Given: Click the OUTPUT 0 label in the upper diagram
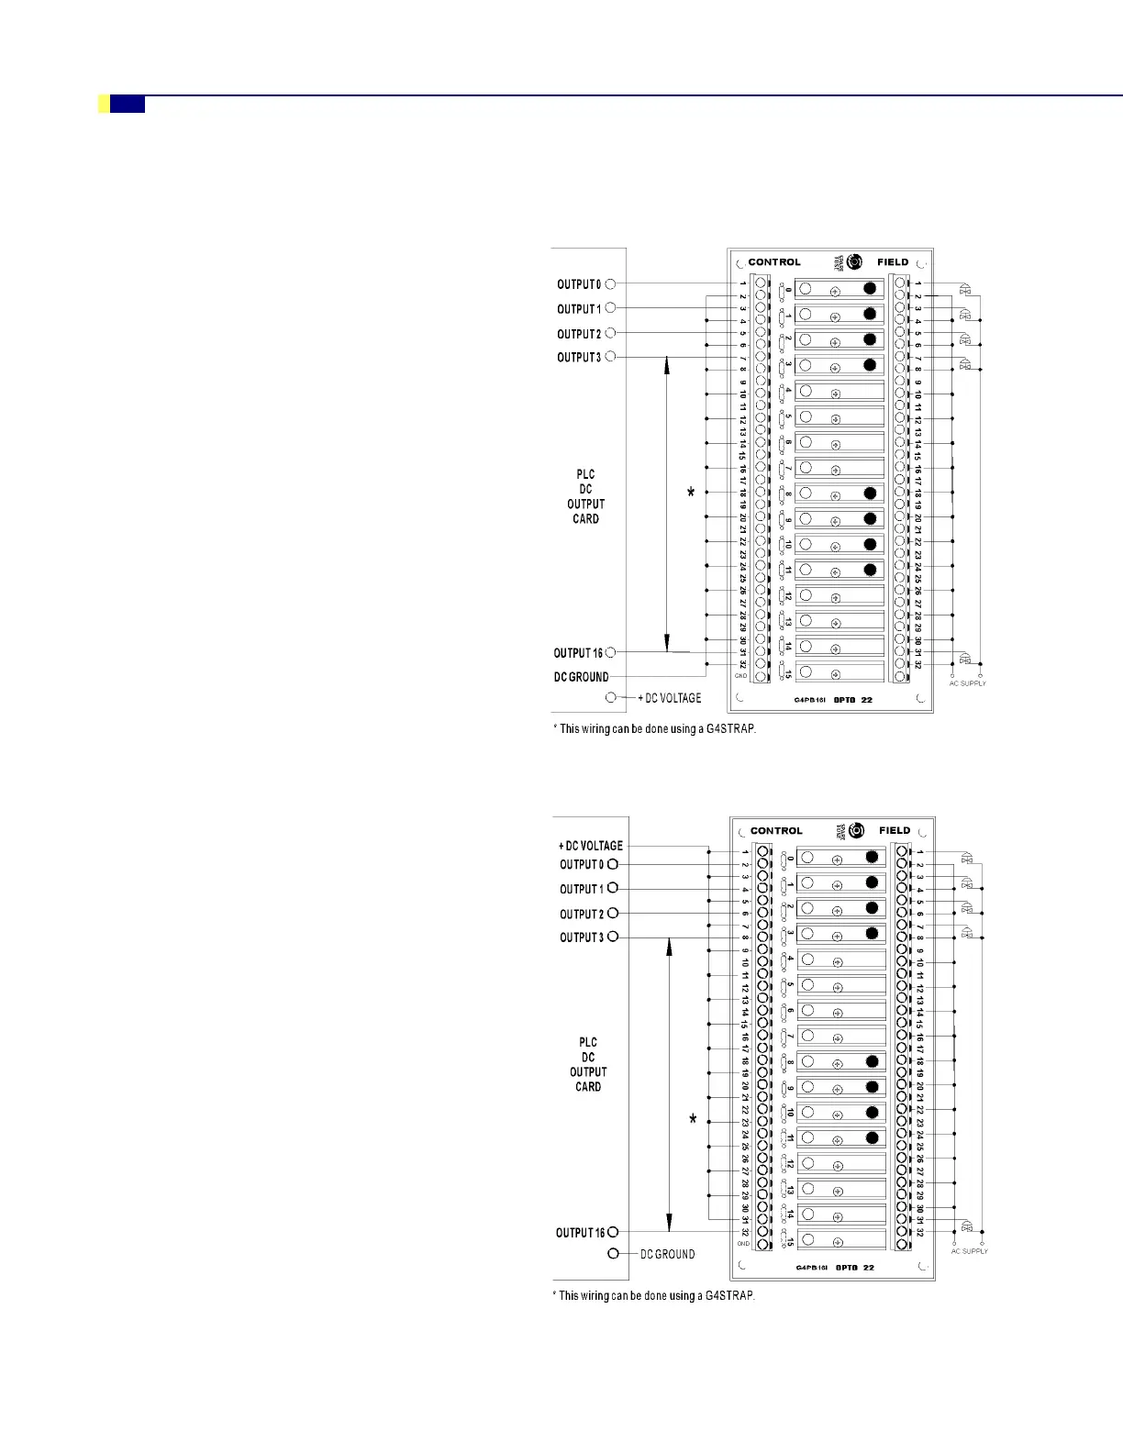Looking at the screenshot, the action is pyautogui.click(x=579, y=284).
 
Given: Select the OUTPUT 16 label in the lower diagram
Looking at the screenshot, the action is pyautogui.click(x=580, y=1233).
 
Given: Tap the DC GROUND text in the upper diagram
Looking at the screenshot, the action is pyautogui.click(x=581, y=677).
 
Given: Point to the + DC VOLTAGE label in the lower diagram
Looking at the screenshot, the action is pyautogui.click(x=591, y=846).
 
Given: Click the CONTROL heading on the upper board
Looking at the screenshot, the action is pyautogui.click(x=774, y=262).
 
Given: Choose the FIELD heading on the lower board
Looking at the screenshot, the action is pyautogui.click(x=895, y=831).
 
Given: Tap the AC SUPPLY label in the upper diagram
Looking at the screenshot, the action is pyautogui.click(x=967, y=683).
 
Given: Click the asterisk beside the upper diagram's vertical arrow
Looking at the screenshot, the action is pyautogui.click(x=691, y=494).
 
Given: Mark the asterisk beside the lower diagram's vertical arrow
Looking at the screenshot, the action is pyautogui.click(x=693, y=1120).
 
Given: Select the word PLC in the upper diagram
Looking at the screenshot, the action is pyautogui.click(x=585, y=474).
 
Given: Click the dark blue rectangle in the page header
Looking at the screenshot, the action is pyautogui.click(x=128, y=105).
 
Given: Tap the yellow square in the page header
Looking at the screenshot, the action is pyautogui.click(x=104, y=105).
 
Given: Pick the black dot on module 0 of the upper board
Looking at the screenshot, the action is pyautogui.click(x=870, y=288).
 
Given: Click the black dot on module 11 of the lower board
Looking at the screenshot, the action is pyautogui.click(x=872, y=1137).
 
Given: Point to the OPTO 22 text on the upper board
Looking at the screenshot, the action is pyautogui.click(x=853, y=700).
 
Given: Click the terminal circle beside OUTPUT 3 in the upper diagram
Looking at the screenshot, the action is pyautogui.click(x=610, y=357).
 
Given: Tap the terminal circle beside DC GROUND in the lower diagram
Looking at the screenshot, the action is pyautogui.click(x=614, y=1254).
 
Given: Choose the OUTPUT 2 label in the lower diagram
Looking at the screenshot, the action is pyautogui.click(x=582, y=914).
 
